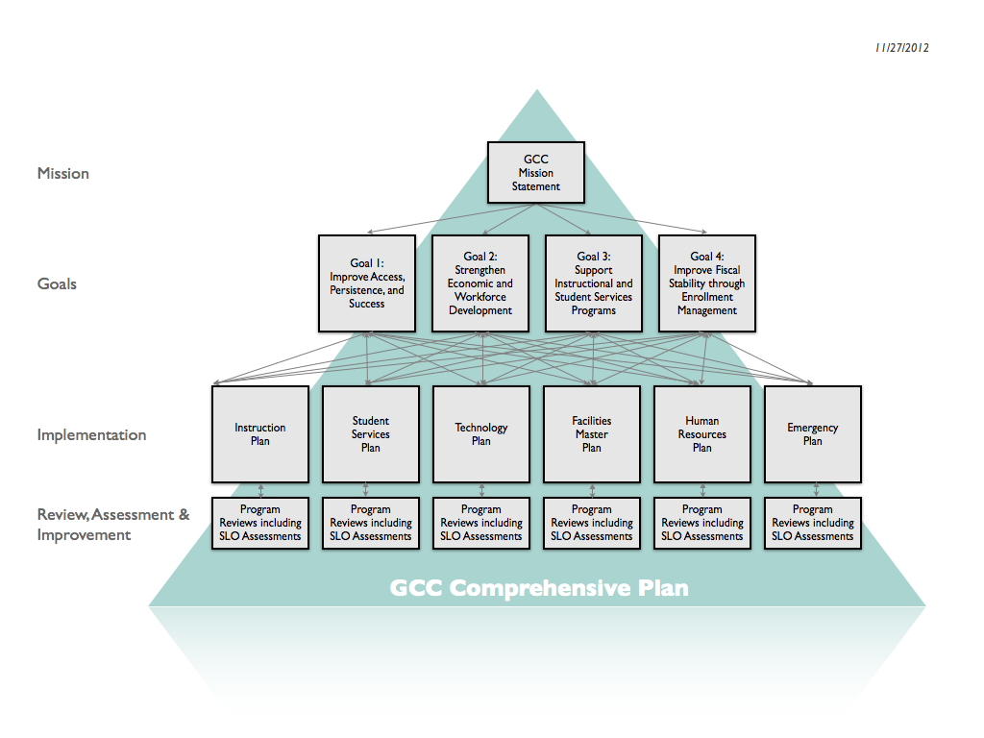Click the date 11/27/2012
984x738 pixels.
[x=901, y=48]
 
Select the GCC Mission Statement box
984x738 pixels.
[x=535, y=173]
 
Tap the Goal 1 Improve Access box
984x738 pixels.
[x=367, y=283]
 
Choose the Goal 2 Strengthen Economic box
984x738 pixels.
[x=480, y=283]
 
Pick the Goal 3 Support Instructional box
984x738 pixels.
[x=594, y=283]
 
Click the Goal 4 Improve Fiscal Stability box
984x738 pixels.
[x=707, y=283]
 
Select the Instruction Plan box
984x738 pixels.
[x=260, y=434]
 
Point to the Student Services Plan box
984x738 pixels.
[x=371, y=434]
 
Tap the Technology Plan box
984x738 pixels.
[x=481, y=434]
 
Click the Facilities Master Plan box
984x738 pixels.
[x=592, y=434]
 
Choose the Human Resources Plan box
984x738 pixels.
[x=702, y=434]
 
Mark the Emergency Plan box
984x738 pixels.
[x=813, y=434]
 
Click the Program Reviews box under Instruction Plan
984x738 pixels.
[x=260, y=523]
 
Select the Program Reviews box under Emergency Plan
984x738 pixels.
[x=813, y=523]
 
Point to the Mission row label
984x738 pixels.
[x=63, y=174]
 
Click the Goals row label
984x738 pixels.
[x=57, y=284]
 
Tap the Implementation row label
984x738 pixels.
[x=92, y=435]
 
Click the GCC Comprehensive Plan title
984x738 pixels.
[x=539, y=588]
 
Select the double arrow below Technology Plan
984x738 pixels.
[x=481, y=490]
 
